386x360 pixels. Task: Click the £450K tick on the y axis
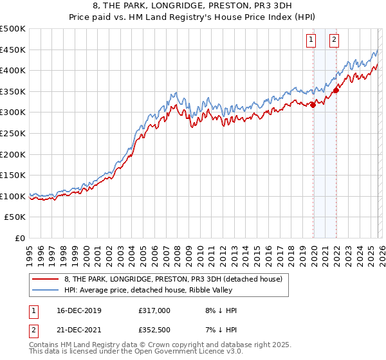coord(13,50)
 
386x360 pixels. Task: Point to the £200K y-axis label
coord(13,154)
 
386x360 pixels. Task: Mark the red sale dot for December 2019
coord(313,105)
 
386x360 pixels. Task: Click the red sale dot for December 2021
coord(336,91)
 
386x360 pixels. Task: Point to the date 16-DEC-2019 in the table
coord(75,310)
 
